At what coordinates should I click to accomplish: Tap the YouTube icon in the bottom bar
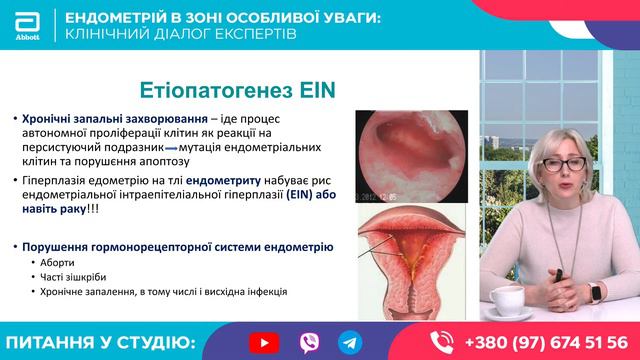tap(264, 341)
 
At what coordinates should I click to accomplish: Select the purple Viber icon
tap(307, 341)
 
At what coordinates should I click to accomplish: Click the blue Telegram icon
tap(349, 341)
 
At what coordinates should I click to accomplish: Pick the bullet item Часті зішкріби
tap(75, 277)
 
